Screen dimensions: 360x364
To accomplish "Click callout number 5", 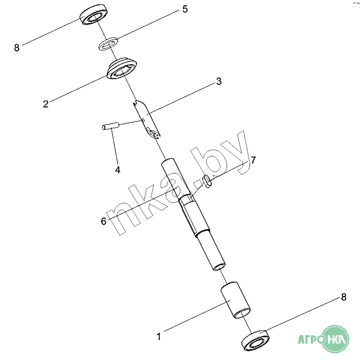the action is click(185, 9).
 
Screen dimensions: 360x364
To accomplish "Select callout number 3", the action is click(219, 81).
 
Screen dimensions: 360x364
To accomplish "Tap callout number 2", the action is click(46, 104).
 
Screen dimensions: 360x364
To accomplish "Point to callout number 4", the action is click(118, 170).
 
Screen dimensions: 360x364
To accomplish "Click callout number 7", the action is click(253, 160).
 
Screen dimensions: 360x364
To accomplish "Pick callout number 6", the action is click(104, 221).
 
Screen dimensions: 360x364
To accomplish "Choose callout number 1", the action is click(159, 336).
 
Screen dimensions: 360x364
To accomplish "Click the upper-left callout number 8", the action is click(17, 48).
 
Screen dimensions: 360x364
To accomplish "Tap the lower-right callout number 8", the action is click(344, 297).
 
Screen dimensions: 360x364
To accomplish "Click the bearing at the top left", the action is click(94, 14).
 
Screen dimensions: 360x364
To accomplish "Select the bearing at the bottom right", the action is click(255, 340).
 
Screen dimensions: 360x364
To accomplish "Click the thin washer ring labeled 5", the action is click(108, 44).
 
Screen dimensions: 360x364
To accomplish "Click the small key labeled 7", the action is click(207, 182).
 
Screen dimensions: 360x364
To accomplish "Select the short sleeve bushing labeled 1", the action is click(235, 300).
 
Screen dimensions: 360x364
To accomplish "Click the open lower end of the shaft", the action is click(219, 267).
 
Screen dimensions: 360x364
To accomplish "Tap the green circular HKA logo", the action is click(335, 339).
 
